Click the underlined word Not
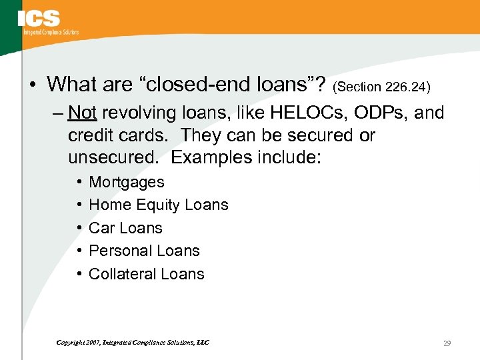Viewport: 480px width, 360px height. point(82,113)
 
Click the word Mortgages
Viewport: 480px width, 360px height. point(127,182)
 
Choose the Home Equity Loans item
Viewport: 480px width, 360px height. point(159,205)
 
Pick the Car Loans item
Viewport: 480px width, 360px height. point(125,228)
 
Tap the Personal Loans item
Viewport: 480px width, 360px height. point(144,251)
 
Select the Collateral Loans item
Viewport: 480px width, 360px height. point(147,274)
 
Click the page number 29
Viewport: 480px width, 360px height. point(447,343)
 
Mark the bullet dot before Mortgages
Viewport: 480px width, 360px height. point(80,182)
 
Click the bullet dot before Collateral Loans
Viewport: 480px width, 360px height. point(80,274)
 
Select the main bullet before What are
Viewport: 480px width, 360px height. point(34,85)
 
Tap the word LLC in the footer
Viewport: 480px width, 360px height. point(203,343)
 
